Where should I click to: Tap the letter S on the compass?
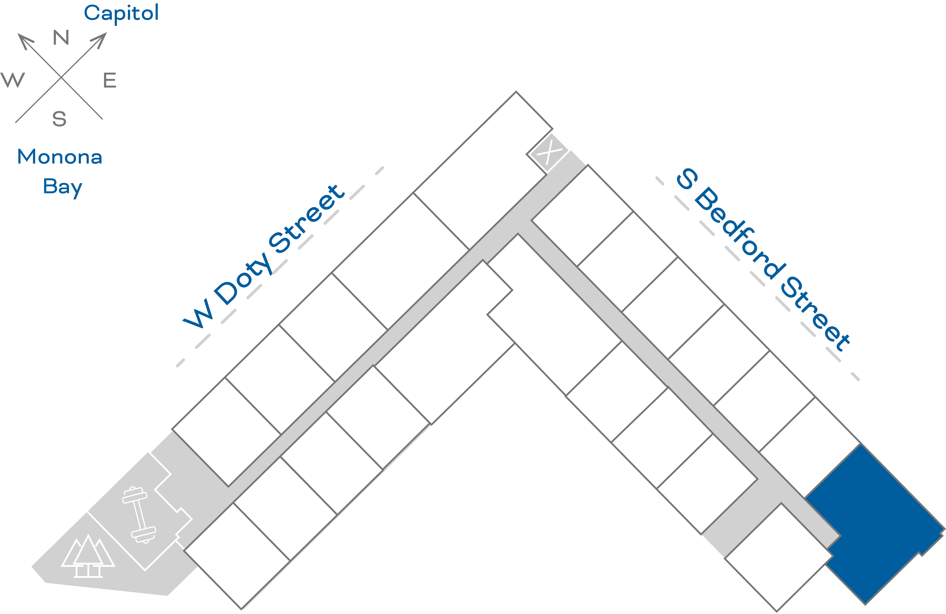coord(59,119)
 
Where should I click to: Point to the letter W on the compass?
coord(13,80)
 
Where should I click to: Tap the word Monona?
coord(60,157)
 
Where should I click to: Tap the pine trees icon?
coord(88,556)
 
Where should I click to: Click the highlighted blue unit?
coord(874,521)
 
